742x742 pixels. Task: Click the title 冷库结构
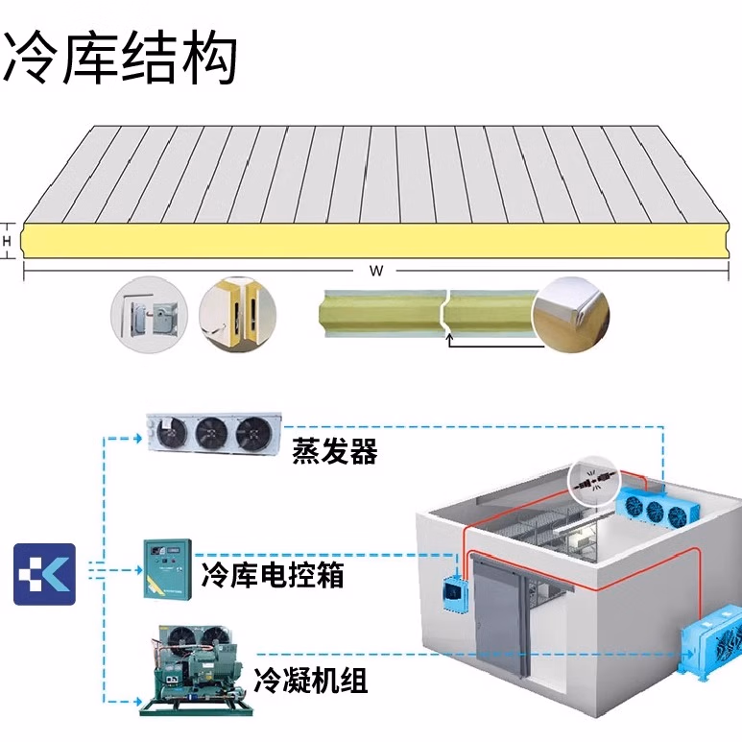[x=119, y=60]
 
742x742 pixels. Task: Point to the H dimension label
[x=8, y=241]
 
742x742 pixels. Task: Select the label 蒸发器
[x=335, y=450]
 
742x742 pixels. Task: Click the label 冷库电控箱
[x=273, y=575]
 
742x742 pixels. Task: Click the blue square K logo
[x=44, y=573]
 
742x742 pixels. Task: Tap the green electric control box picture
[x=168, y=569]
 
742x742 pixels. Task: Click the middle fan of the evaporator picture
[x=211, y=435]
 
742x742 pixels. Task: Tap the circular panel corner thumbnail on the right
[x=572, y=311]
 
